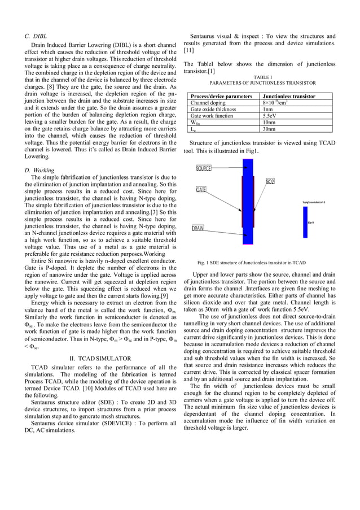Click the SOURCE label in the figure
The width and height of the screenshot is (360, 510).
204,168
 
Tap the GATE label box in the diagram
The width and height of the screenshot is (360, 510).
201,190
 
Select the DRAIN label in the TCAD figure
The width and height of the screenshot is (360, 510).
197,229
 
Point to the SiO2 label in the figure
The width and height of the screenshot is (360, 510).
270,181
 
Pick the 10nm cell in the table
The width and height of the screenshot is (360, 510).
269,122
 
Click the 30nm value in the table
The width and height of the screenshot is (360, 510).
269,129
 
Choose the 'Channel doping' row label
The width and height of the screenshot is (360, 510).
208,103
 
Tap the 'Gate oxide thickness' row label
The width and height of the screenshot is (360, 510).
215,109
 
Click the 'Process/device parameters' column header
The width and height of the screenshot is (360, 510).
221,97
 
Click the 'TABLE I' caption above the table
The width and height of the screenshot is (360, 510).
263,76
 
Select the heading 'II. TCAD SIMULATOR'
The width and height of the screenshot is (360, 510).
100,359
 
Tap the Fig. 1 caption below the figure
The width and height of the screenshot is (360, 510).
251,263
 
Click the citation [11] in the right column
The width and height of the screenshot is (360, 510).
189,50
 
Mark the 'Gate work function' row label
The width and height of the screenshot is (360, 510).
212,116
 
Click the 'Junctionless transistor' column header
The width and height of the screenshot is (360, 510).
289,97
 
